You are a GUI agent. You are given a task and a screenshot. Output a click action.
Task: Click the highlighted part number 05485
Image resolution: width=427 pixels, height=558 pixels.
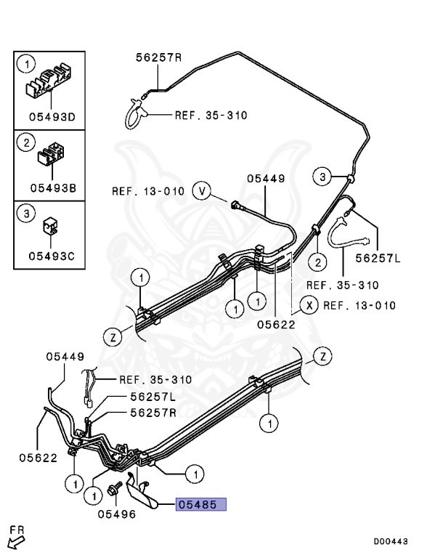click(x=201, y=504)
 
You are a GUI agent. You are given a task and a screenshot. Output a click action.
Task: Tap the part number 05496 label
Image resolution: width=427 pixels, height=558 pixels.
click(x=117, y=514)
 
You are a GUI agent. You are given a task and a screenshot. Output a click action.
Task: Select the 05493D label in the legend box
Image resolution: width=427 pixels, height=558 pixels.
click(x=52, y=117)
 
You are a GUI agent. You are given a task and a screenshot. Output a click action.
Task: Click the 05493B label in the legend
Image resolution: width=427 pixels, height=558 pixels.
click(x=53, y=187)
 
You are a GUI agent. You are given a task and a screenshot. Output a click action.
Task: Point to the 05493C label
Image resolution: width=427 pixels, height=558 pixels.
click(x=52, y=256)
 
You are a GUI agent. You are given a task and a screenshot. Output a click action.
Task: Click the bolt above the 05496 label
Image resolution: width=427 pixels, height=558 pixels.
click(x=114, y=488)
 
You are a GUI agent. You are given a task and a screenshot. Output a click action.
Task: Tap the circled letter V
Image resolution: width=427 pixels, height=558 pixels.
click(x=202, y=191)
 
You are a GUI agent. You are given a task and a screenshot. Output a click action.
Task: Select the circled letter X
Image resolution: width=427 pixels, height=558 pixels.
click(x=309, y=305)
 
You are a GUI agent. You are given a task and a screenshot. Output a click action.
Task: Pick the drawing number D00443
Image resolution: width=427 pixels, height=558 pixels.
click(x=391, y=541)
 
